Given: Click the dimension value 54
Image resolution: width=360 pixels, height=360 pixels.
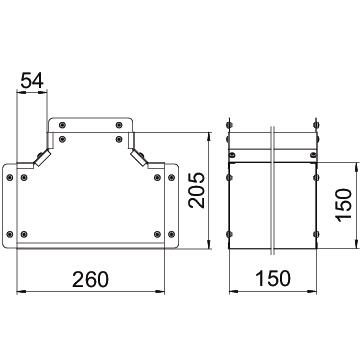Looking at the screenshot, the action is pos(32,81).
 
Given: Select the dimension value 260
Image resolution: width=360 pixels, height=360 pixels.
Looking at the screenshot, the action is pos(91,279).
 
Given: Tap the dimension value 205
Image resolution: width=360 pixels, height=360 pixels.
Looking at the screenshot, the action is pos(197,190).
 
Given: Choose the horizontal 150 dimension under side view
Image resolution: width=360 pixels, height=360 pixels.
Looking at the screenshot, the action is pos(273,279).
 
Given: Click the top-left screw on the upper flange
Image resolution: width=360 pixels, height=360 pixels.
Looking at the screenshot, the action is pos(62,125).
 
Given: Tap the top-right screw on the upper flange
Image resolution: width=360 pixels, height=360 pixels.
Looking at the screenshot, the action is pos(119,125).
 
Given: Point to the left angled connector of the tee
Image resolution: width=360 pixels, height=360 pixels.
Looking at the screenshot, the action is pos(42,158).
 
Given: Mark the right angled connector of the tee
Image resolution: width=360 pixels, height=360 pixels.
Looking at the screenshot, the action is pos(139,158).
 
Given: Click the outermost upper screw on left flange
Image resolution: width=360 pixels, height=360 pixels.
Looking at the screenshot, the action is pos(10,177).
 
